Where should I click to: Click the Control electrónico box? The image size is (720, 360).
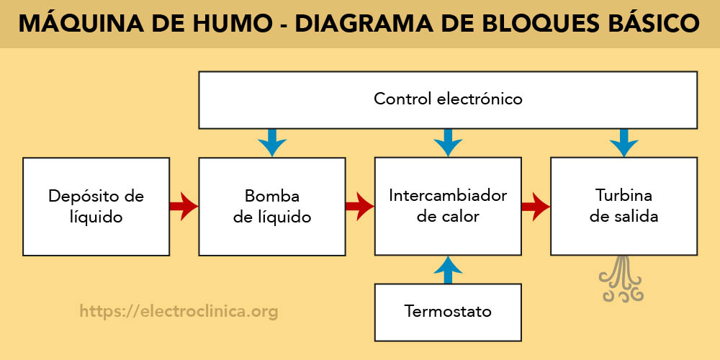click(x=448, y=99)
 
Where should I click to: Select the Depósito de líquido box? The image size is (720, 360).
click(x=96, y=206)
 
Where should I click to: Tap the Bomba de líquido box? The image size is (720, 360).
click(x=271, y=206)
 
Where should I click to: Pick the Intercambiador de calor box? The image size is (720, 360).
click(x=448, y=206)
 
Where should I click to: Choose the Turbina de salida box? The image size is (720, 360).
click(x=624, y=206)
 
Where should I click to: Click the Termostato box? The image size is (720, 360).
click(x=448, y=312)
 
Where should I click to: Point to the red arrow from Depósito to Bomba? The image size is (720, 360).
click(x=184, y=207)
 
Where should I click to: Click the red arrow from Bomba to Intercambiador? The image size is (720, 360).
click(x=359, y=207)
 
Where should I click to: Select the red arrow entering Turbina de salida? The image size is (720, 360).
click(x=536, y=207)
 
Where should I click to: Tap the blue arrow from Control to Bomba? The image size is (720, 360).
click(x=271, y=143)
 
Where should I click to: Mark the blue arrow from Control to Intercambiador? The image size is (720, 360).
click(x=448, y=143)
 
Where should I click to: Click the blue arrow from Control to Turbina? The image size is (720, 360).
click(x=624, y=143)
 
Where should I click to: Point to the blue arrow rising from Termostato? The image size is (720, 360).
click(x=448, y=269)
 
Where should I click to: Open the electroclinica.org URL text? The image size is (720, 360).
click(x=179, y=312)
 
